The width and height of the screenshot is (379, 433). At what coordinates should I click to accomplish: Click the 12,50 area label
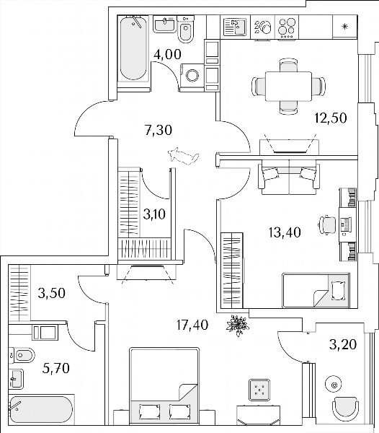[330, 118]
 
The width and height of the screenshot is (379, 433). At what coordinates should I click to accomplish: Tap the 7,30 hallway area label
[159, 130]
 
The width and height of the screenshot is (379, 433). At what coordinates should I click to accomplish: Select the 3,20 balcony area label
[343, 344]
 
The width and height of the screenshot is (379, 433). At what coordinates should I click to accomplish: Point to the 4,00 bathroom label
[168, 54]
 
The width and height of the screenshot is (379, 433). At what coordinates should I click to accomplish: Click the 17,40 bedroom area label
[192, 325]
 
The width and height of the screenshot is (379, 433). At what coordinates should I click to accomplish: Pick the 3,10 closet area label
[154, 214]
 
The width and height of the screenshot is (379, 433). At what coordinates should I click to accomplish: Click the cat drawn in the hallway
[183, 157]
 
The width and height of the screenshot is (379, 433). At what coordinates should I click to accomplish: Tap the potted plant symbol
[237, 325]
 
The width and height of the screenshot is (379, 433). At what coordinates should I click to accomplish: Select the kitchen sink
[235, 27]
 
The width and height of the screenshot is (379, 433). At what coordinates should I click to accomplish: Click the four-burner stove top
[287, 27]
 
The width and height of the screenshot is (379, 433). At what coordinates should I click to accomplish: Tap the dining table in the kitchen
[288, 86]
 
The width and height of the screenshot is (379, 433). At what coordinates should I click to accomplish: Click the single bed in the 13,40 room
[316, 290]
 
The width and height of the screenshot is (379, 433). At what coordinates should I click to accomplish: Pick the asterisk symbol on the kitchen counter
[344, 27]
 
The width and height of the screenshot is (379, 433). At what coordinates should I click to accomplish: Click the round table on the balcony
[334, 385]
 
